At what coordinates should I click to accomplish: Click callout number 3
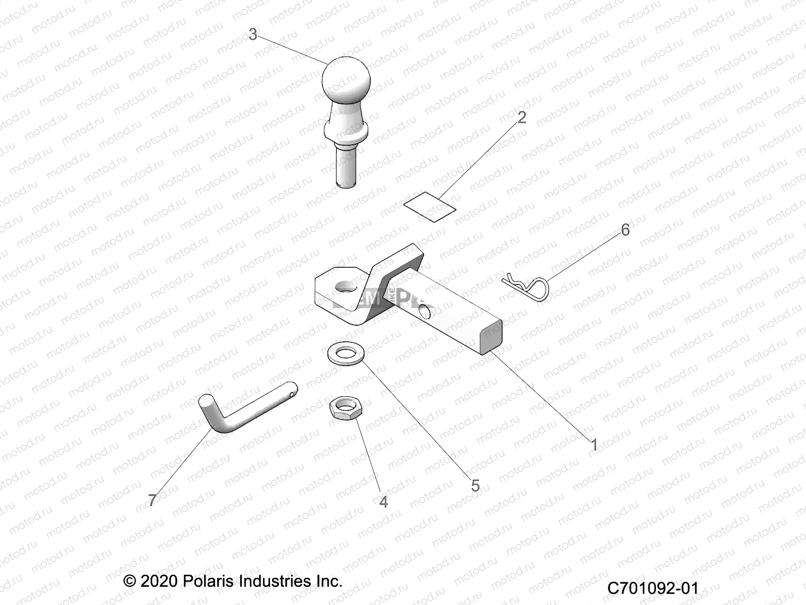pos(253,34)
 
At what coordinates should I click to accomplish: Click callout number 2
pos(522,117)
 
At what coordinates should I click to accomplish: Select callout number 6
pos(625,230)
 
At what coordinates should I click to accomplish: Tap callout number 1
pos(594,445)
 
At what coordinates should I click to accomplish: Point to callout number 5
pos(475,485)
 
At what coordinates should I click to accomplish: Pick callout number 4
pos(383,502)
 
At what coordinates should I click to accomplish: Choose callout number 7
pos(152,500)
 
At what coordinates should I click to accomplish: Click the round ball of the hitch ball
pos(346,82)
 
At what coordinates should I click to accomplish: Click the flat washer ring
pos(345,353)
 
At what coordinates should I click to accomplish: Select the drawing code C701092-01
pos(653,588)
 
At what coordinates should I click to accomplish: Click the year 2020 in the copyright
pos(158,581)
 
